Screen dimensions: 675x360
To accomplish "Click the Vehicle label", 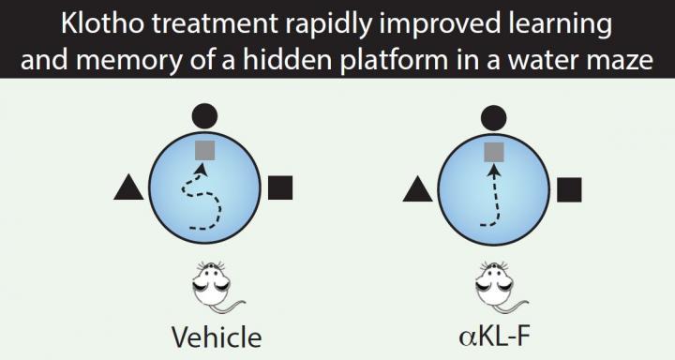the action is tap(217, 337).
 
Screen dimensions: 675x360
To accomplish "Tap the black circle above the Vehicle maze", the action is tap(204, 115).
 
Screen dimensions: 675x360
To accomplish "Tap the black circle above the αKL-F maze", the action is tap(493, 117).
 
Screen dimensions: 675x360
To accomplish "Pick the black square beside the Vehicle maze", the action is tap(280, 187).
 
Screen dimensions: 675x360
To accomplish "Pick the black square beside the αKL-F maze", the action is tap(569, 190).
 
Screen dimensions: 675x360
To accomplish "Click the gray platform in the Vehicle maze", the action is tap(205, 150).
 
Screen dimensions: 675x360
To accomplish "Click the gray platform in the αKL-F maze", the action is tap(494, 152).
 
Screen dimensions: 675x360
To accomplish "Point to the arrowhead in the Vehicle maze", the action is tap(200, 172).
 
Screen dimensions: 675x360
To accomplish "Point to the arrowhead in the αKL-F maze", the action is tap(494, 172).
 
